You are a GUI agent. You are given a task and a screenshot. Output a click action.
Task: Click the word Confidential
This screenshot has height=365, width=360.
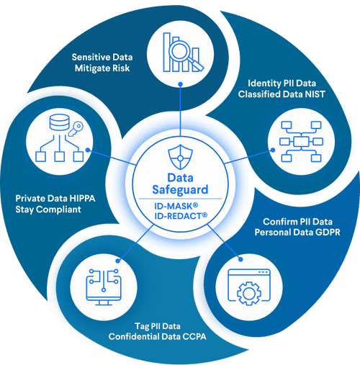point(135,336)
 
